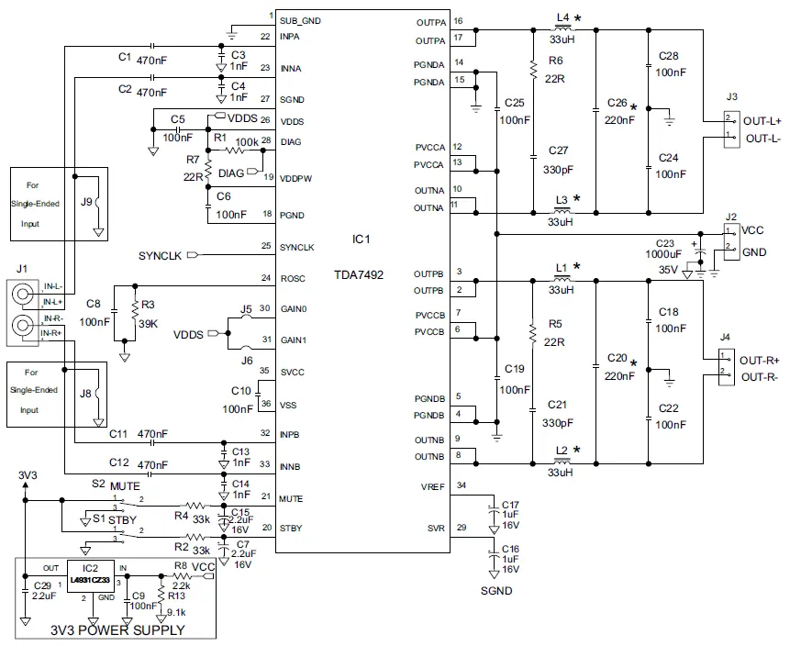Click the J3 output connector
pyautogui.click(x=730, y=128)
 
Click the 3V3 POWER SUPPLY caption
pyautogui.click(x=117, y=630)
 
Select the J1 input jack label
pyautogui.click(x=23, y=269)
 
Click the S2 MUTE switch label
pyautogui.click(x=114, y=484)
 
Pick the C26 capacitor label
pyautogui.click(x=616, y=102)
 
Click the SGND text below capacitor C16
pyautogui.click(x=496, y=591)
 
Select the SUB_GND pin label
pyautogui.click(x=300, y=20)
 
